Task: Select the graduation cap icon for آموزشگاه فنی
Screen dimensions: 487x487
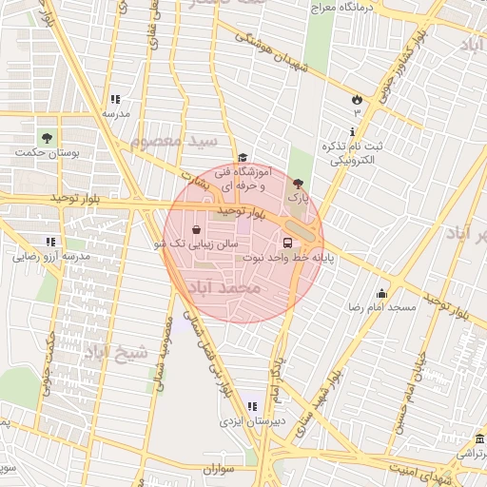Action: coord(243,159)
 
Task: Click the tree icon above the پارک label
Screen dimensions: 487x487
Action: coord(299,184)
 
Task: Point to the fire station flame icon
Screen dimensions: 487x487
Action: coord(357,99)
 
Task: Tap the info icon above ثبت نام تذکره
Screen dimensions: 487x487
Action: coord(354,131)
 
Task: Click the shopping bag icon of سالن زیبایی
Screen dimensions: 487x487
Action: coord(196,229)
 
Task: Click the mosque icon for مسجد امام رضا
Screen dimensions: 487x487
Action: coord(382,293)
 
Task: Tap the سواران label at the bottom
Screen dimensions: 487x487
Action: coord(219,470)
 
